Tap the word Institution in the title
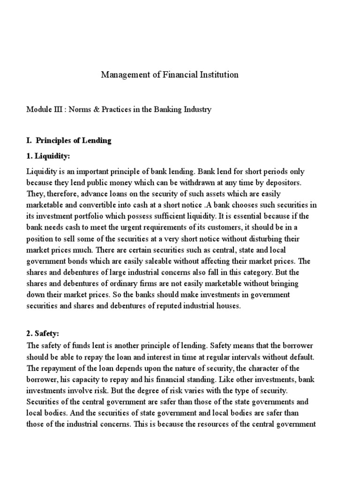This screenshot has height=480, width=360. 220,75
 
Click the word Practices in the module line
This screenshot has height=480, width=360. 122,110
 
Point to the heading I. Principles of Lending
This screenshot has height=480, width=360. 68,141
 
